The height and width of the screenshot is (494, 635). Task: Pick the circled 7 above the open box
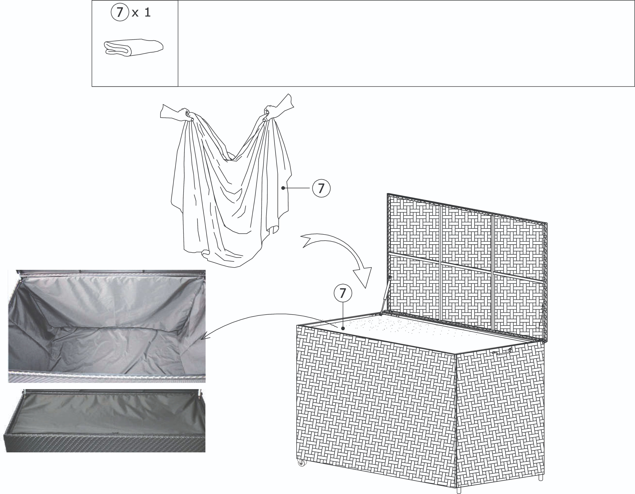pyautogui.click(x=343, y=293)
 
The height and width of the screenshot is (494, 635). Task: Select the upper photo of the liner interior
pyautogui.click(x=107, y=326)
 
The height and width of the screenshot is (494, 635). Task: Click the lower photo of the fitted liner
pyautogui.click(x=104, y=420)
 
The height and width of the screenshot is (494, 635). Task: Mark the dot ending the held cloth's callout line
pyautogui.click(x=283, y=188)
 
